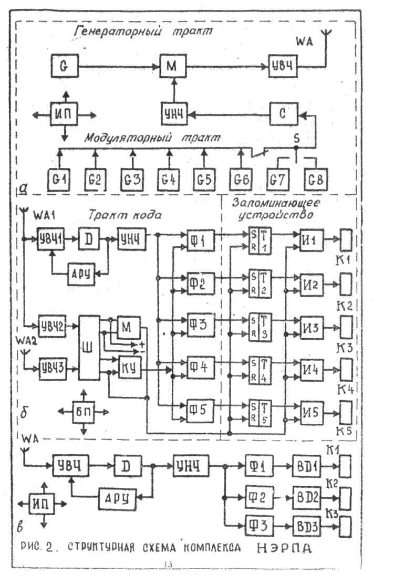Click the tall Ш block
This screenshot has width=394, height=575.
click(91, 348)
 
